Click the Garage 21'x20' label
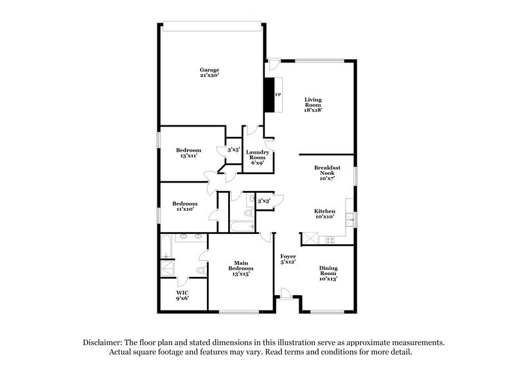(209, 73)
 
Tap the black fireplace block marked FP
(270, 95)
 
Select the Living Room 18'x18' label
(313, 105)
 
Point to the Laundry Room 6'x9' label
(258, 157)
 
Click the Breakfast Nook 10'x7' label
(327, 172)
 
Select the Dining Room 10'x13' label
(328, 274)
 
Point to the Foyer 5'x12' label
(288, 259)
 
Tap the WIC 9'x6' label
(183, 295)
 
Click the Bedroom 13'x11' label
(189, 153)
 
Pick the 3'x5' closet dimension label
(233, 150)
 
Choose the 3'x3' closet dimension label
(263, 201)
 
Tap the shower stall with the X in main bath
(167, 269)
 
